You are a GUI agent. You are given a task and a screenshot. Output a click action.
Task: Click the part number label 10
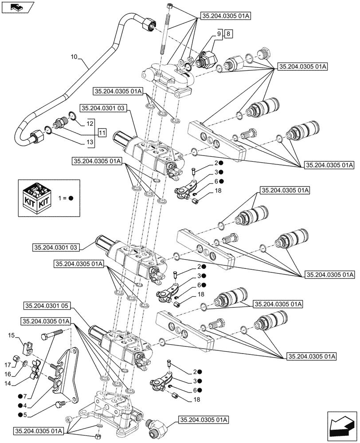[x=74, y=57]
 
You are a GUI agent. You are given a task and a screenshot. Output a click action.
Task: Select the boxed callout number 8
[x=227, y=34]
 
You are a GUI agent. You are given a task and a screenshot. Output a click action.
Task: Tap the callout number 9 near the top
[x=219, y=34]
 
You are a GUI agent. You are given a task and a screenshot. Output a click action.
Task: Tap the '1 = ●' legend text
[x=65, y=198]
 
